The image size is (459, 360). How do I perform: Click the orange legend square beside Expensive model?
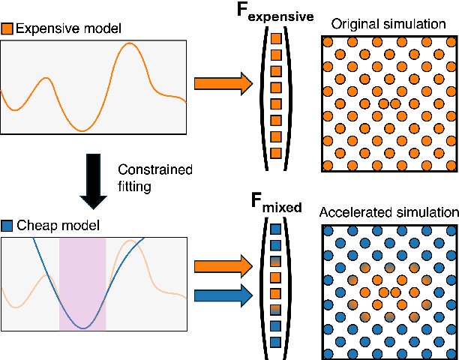tap(7, 29)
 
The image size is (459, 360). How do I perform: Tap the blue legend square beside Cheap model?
tap(7, 225)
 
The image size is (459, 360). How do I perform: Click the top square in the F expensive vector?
tap(275, 38)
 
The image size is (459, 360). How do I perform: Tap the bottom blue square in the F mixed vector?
tap(275, 341)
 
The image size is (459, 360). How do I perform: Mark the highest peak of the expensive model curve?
tap(130, 43)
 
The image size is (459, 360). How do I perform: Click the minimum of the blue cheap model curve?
tap(83, 327)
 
